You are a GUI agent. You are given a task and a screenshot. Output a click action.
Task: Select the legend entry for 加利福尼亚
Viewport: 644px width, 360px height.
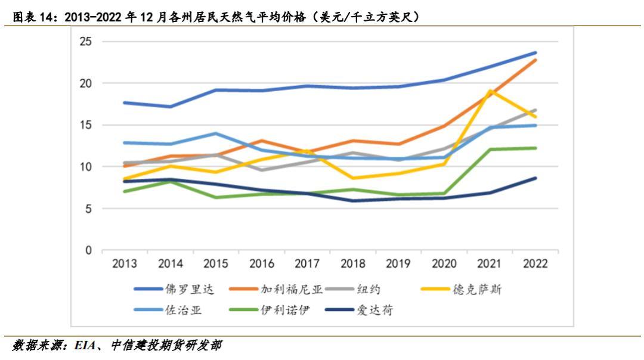coord(291,289)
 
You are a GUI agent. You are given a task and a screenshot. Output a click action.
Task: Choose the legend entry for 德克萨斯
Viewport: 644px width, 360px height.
coord(480,289)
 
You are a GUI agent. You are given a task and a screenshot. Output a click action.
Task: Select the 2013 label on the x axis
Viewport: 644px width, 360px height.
coord(125,264)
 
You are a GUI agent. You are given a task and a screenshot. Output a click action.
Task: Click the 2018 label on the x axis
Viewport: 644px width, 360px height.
coord(354,264)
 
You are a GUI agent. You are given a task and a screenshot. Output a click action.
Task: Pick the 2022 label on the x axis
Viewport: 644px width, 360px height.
coord(535,264)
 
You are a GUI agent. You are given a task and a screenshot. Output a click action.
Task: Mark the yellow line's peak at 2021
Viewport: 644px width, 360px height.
coord(490,91)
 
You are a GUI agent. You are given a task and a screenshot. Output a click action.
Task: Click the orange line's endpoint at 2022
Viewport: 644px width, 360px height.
coord(535,60)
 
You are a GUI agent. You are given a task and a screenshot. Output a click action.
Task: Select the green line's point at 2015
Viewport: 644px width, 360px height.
coord(216,197)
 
